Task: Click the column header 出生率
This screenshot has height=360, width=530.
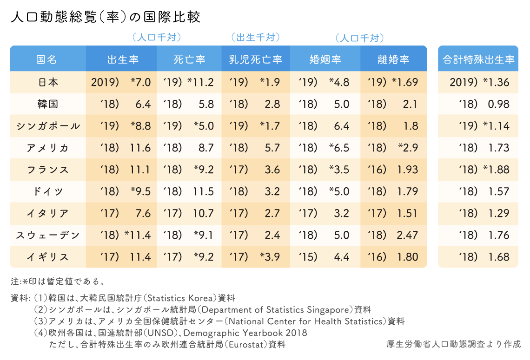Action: [123, 59]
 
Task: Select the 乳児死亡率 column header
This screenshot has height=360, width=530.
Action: [255, 59]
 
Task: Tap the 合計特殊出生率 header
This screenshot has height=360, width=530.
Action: [478, 59]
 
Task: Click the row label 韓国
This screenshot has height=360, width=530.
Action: [47, 104]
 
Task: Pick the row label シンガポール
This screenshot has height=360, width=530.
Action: [47, 126]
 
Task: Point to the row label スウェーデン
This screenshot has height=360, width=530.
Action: [47, 235]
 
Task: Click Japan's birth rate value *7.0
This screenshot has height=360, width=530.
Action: [140, 82]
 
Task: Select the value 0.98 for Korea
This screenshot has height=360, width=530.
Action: [498, 104]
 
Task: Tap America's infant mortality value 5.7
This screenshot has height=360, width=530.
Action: [272, 148]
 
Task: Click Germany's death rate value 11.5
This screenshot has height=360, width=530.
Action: [204, 191]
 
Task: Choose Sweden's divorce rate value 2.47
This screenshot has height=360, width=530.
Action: [407, 235]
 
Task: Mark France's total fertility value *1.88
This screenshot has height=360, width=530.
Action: [496, 170]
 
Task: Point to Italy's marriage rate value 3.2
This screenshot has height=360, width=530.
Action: [341, 213]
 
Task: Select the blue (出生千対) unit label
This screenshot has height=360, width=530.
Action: [255, 37]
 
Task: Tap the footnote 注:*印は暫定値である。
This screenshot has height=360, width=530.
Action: [58, 281]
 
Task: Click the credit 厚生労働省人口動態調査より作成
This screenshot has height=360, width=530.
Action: [453, 344]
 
